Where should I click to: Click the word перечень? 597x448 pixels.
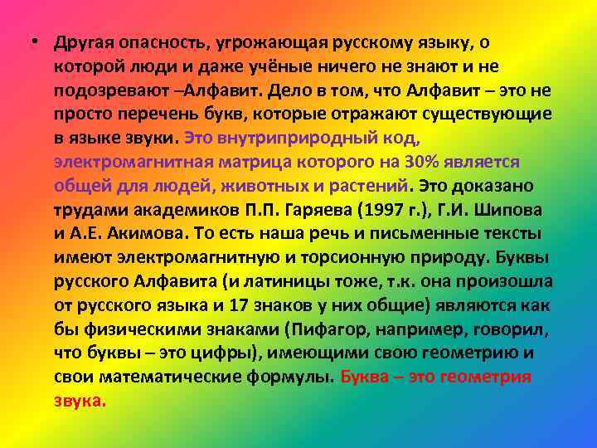(x=143, y=112)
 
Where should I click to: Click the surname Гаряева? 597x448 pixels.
(x=308, y=207)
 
